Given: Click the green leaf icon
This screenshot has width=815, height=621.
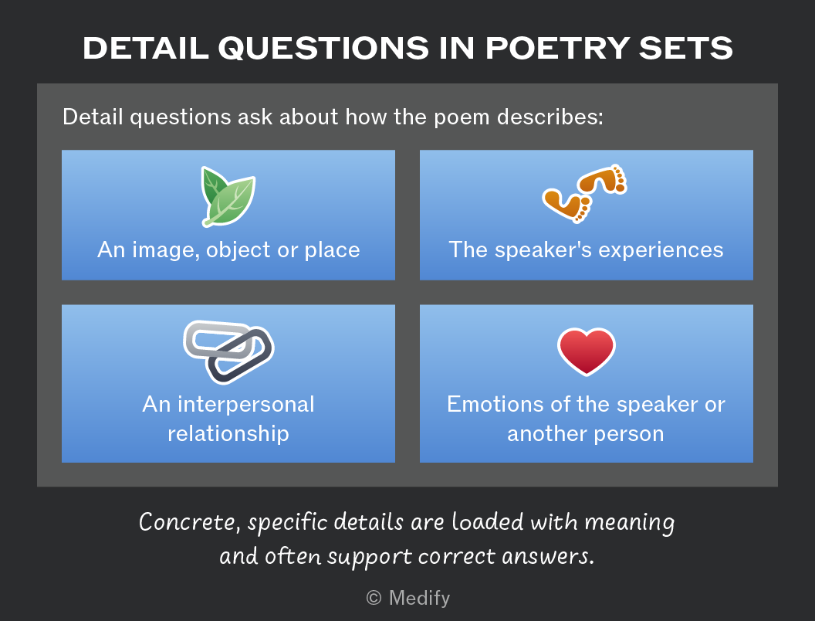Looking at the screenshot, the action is coord(228,197).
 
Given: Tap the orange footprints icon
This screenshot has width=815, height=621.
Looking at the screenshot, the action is coord(585,193).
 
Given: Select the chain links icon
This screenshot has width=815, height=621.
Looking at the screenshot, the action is coord(228,351).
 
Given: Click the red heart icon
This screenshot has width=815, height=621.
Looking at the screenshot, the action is coord(587,351).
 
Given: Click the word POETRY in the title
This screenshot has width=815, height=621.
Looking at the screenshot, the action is coord(558,49).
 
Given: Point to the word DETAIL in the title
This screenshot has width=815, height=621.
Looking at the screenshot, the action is coord(146,49).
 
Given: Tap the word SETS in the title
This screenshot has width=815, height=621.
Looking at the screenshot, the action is coord(686,49).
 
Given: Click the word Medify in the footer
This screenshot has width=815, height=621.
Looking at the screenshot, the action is coord(419,598).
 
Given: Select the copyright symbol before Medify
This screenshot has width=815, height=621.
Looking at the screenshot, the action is coord(374,598).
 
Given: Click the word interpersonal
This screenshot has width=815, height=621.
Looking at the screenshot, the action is coord(246,404).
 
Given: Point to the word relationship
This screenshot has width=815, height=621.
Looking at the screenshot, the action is coord(228,433).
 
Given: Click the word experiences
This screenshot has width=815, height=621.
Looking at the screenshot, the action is coord(661,250).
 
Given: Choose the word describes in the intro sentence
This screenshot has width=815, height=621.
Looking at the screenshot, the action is coord(550,117).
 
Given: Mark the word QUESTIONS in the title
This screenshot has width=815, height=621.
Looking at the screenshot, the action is coord(323,49).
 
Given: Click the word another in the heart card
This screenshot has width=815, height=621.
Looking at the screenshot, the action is coord(547,433).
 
